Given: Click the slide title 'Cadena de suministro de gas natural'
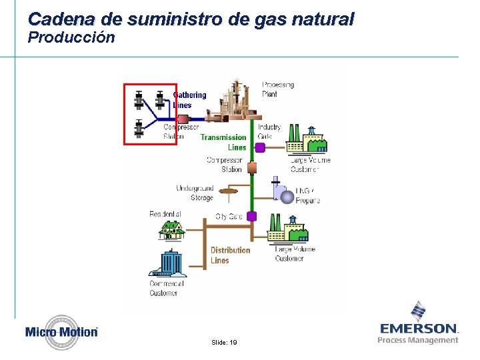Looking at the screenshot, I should (191, 19).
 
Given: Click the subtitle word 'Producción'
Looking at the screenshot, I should (71, 38).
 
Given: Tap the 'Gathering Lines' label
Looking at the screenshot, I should (189, 100).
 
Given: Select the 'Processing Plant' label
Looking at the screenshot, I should (278, 89).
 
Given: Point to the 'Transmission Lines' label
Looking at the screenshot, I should (224, 142).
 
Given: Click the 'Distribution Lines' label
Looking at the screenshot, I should (230, 255).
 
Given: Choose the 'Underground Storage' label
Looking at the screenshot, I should (195, 193).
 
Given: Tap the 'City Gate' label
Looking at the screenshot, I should (229, 217).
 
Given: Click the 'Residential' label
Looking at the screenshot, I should (165, 214).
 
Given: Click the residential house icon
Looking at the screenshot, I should (171, 230).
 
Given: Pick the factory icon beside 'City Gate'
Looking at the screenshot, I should (287, 229).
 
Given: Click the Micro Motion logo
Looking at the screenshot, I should (62, 331).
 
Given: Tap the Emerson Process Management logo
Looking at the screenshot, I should (419, 324).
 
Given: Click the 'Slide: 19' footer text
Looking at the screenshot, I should (223, 342).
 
